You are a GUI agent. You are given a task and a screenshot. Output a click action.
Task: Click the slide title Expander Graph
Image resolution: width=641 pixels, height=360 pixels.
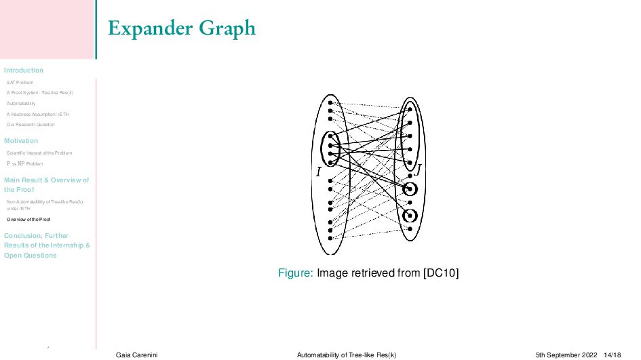point(182,28)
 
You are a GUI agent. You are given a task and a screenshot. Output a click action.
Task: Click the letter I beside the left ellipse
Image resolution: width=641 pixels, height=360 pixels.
point(318,173)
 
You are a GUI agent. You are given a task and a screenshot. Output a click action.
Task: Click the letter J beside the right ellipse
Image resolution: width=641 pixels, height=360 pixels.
point(419,169)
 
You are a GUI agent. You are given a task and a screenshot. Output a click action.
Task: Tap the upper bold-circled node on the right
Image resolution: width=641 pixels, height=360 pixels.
point(409,188)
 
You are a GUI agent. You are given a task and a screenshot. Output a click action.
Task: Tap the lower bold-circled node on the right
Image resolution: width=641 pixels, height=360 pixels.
point(409,216)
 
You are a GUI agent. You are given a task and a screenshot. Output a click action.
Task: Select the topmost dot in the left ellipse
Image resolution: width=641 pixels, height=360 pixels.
point(330,102)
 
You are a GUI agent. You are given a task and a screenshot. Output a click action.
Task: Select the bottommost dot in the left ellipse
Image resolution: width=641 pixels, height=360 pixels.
point(330,238)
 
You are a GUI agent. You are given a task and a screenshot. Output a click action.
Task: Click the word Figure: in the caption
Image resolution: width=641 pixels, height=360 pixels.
point(295,273)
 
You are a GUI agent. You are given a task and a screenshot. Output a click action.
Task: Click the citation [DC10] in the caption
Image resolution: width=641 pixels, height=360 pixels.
point(441,273)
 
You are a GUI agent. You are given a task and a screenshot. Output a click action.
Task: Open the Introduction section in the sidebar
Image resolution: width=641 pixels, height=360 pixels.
point(24,71)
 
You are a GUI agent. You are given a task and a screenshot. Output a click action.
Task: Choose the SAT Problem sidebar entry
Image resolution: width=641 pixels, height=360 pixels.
point(20,83)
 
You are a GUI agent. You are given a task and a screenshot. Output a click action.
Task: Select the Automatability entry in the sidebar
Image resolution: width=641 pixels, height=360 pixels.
point(21,104)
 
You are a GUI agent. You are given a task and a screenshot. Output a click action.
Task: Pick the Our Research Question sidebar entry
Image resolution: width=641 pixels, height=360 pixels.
point(31,125)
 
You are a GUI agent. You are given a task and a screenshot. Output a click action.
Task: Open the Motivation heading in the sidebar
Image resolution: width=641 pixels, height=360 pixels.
point(21,141)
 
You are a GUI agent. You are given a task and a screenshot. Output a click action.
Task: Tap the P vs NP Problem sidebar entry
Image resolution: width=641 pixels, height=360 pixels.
point(24,163)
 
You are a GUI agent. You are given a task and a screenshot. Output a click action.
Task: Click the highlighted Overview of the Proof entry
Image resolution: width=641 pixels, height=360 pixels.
point(28,220)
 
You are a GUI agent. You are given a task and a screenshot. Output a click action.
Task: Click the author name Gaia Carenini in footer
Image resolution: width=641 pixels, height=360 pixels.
point(134,355)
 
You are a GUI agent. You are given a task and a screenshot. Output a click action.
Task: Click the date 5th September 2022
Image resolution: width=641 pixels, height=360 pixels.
point(566,355)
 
